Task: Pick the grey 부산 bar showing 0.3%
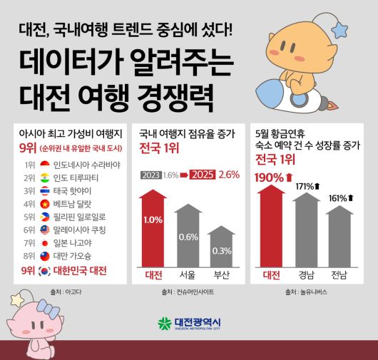tap(222, 250)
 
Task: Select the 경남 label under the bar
tap(305, 274)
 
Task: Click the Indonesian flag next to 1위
tap(44, 164)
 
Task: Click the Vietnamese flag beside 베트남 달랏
tap(44, 203)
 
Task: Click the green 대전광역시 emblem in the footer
tap(165, 323)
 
